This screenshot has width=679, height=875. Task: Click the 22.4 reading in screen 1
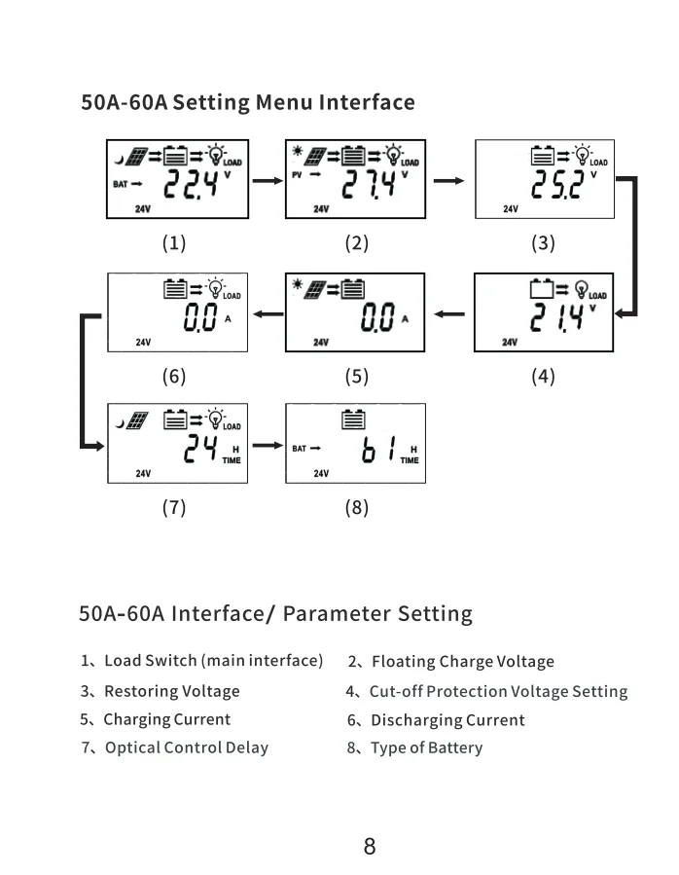click(x=191, y=184)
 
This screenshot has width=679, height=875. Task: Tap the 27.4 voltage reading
click(x=369, y=184)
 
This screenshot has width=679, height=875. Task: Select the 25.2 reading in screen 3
click(x=558, y=184)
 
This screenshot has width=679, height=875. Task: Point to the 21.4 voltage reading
click(x=556, y=317)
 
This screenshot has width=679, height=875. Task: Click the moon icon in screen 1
click(x=119, y=161)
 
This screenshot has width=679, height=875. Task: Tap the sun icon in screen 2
click(x=298, y=151)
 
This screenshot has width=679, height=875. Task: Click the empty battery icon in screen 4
click(x=541, y=288)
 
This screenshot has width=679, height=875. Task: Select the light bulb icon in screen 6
click(x=215, y=288)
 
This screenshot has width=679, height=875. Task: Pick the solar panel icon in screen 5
click(x=314, y=290)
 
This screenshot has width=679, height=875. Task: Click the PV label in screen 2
click(x=297, y=174)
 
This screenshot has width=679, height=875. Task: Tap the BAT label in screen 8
click(x=299, y=448)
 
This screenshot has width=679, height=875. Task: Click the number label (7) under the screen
click(x=174, y=507)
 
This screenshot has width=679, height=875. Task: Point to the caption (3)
click(x=543, y=242)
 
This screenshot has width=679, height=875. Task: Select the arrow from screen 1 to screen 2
click(x=268, y=180)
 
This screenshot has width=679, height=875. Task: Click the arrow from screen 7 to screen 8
click(x=268, y=446)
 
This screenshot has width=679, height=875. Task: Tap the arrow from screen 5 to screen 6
click(x=268, y=314)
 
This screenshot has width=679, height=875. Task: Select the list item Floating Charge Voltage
click(x=463, y=661)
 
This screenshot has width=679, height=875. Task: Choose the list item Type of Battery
click(x=427, y=747)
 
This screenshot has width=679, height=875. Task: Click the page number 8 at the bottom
click(x=370, y=846)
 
